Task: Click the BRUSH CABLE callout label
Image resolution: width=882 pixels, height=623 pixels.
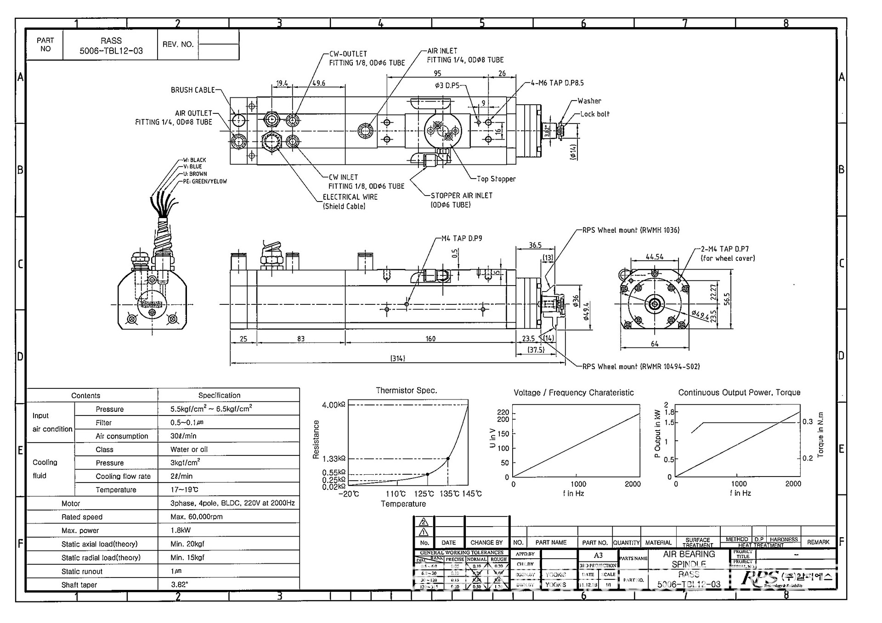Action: click(192, 90)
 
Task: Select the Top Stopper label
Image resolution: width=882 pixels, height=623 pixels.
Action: click(496, 179)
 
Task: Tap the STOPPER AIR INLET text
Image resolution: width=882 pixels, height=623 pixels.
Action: click(461, 196)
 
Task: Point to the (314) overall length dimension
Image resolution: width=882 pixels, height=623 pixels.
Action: click(398, 359)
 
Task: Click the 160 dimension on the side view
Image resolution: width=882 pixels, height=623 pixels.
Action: click(430, 339)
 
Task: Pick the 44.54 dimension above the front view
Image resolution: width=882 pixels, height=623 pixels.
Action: click(654, 257)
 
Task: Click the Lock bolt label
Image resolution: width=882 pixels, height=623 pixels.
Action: click(595, 114)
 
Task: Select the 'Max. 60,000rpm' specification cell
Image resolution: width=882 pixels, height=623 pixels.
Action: click(197, 517)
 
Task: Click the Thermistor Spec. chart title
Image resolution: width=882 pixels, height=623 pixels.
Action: click(406, 391)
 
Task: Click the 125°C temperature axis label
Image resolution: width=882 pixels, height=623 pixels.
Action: click(424, 494)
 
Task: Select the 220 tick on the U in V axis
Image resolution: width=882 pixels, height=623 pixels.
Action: click(503, 412)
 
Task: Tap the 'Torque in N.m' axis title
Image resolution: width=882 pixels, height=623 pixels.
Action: click(820, 434)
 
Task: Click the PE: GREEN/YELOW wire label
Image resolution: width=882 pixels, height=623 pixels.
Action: click(205, 181)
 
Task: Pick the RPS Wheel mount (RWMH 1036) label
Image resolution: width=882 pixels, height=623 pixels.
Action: click(631, 230)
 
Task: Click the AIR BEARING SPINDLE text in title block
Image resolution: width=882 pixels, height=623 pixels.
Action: click(689, 559)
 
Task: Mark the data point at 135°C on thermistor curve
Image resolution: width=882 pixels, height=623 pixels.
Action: click(448, 459)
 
